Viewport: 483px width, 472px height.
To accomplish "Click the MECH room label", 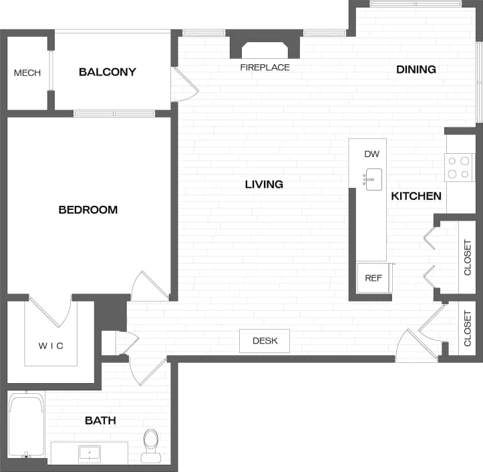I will pos(27,73).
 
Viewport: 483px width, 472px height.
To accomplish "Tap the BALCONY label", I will pos(108,72).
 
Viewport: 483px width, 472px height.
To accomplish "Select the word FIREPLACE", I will pos(265,68).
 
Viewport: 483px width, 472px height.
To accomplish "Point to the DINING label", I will pos(416,70).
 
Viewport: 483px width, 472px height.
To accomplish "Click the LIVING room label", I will pos(264,185).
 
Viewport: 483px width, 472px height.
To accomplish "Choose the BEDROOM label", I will pos(88,210).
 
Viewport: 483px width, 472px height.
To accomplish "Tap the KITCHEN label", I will pos(416,196).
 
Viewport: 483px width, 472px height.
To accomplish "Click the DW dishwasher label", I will pos(372,154).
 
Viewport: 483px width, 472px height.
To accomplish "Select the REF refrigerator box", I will pos(373,277).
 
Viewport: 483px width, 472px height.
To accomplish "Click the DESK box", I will pos(265,341).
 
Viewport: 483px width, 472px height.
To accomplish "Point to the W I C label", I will pos(51,346).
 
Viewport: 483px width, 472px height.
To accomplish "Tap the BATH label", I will pos(100,421).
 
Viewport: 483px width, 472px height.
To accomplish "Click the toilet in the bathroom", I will pos(151,445).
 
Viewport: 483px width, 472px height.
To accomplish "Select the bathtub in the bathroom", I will pos(27,424).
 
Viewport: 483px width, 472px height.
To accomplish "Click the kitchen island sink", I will pos(373,179).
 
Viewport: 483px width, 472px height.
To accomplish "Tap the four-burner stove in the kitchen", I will pos(459,167).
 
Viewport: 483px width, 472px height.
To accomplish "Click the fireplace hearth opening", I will pos(265,50).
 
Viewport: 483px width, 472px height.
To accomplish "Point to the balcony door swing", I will pos(184,85).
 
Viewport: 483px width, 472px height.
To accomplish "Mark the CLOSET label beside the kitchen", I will pos(468,257).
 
